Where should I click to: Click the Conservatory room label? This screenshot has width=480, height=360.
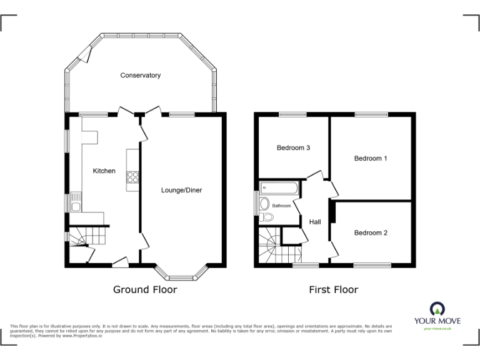[x=141, y=76]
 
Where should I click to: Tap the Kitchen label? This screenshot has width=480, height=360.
[x=104, y=171]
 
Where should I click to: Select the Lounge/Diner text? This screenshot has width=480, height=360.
[x=181, y=190]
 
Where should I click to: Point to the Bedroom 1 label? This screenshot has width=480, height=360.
[x=371, y=159]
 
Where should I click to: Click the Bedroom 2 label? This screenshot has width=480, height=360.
[x=371, y=233]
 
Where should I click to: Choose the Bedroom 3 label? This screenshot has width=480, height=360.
[x=294, y=148]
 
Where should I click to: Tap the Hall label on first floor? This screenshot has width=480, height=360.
[x=314, y=222]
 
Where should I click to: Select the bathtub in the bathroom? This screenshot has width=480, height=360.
[x=279, y=187]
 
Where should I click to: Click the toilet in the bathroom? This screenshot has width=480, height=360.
[x=267, y=217]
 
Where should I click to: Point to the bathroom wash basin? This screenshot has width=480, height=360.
[x=264, y=203]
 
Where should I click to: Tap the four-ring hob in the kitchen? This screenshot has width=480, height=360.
[x=133, y=177]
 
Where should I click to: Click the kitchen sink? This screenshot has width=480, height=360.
[x=75, y=202]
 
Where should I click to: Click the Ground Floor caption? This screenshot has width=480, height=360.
[x=144, y=289]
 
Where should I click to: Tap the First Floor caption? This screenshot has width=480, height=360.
[x=334, y=289]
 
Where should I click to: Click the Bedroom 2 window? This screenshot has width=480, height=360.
[x=373, y=265]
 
